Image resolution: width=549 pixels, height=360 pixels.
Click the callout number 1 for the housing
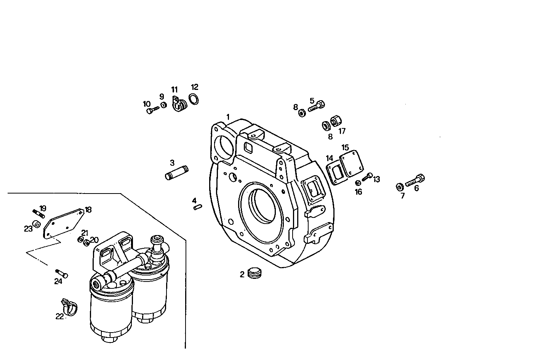(228, 117)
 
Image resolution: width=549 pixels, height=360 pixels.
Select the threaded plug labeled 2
(254, 273)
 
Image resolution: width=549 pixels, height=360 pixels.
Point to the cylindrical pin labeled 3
(177, 172)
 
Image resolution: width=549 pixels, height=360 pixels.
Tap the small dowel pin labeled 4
(197, 207)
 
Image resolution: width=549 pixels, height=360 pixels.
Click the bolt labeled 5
(317, 106)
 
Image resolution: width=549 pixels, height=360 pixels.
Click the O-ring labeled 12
(194, 99)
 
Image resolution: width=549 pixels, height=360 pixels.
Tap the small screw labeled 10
(152, 110)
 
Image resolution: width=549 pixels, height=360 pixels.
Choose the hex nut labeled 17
(336, 122)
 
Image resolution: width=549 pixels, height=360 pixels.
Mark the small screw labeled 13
(368, 176)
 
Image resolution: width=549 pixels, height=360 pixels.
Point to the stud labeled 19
(39, 212)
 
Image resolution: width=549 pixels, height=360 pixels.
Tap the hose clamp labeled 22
(69, 307)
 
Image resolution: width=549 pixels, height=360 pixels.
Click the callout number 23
(28, 229)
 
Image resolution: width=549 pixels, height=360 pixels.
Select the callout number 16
(359, 192)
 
